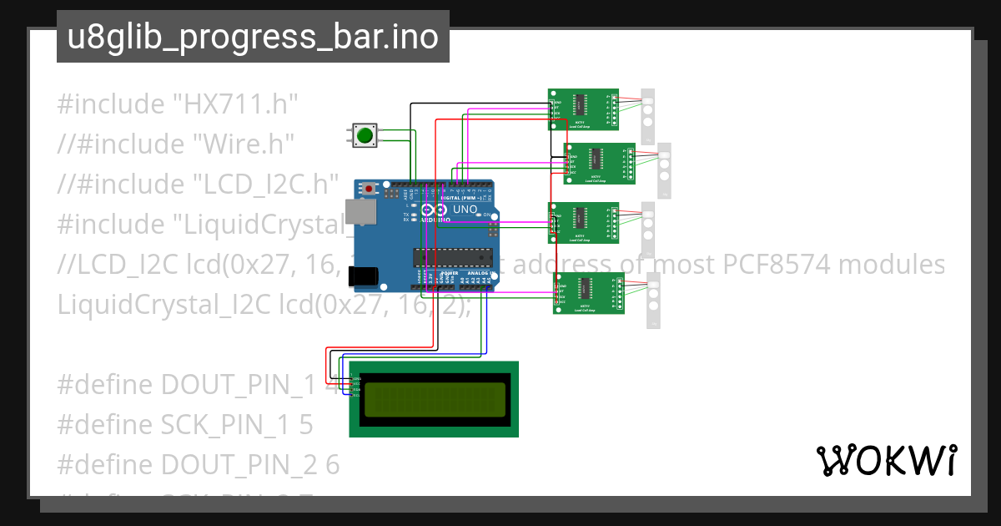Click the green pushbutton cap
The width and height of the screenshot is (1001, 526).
364,135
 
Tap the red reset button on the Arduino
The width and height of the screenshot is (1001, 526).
368,190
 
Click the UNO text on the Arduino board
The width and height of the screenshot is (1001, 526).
464,210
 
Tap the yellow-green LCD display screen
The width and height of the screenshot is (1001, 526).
434,399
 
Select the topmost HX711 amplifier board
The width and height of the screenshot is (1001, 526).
583,109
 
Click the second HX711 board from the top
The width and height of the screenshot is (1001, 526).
600,163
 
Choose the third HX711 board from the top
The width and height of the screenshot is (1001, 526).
583,223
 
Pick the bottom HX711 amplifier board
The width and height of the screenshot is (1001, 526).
589,294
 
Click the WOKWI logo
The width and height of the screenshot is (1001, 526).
886,460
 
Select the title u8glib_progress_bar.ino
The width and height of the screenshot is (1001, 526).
253,38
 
